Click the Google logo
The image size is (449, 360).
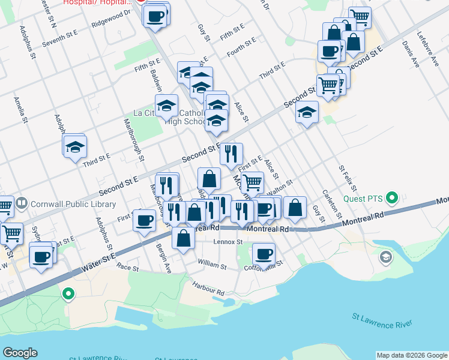pyautogui.click(x=20, y=353)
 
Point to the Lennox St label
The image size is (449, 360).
pyautogui.click(x=228, y=242)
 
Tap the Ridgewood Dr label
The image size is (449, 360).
pyautogui.click(x=111, y=19)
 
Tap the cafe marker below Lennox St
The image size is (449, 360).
pyautogui.click(x=263, y=253)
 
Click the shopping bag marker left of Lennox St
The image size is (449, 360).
pyautogui.click(x=183, y=237)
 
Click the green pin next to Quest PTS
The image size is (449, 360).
pyautogui.click(x=393, y=197)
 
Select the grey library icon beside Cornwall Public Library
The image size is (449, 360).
pyautogui.click(x=21, y=203)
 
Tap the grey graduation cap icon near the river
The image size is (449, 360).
pyautogui.click(x=385, y=257)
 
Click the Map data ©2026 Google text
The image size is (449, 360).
pyautogui.click(x=411, y=355)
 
